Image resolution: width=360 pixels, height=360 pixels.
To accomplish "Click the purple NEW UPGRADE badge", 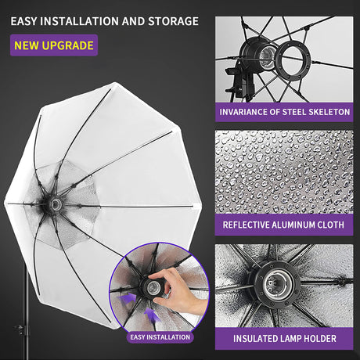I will [54, 45].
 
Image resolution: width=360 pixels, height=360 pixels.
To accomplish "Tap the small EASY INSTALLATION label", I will [160, 337].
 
